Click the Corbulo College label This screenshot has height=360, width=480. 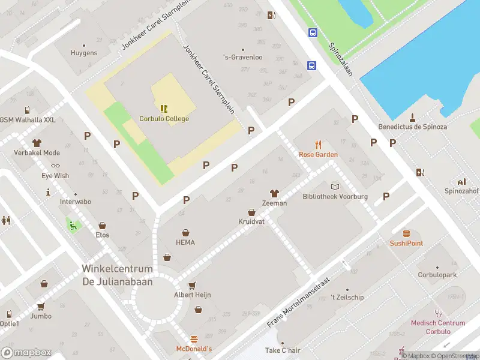click(164, 119)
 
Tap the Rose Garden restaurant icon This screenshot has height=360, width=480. click(318, 145)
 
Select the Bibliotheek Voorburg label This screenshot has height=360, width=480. click(334, 197)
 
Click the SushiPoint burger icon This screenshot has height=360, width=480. click(406, 233)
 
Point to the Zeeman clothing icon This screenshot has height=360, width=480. click(274, 193)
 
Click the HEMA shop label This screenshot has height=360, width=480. click(185, 242)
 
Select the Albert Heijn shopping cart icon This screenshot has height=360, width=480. click(192, 286)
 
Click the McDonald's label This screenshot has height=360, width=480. click(194, 349)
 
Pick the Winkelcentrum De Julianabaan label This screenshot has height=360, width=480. click(117, 275)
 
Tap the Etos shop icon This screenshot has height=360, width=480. click(103, 226)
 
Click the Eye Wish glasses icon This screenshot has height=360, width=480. click(55, 166)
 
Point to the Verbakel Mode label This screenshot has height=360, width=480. click(37, 152)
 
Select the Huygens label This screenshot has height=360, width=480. click(83, 53)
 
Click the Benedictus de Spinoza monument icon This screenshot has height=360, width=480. click(413, 117)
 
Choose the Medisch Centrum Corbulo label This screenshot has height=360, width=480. click(437, 327)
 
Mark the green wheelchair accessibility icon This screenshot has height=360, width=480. click(73, 226)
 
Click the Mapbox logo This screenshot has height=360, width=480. click(26, 352)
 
